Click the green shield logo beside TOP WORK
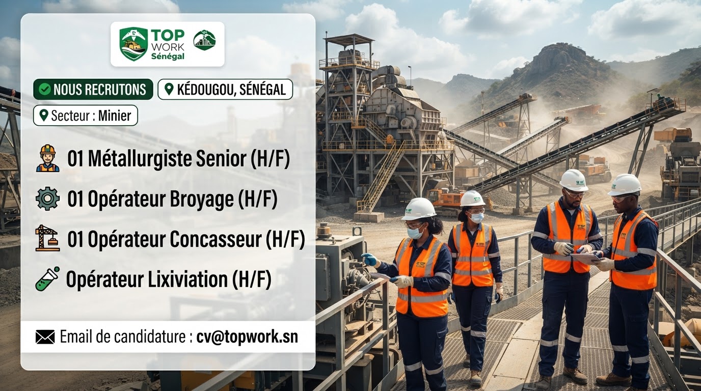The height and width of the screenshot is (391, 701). click(x=133, y=44)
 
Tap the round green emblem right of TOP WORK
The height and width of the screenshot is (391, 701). click(x=204, y=40)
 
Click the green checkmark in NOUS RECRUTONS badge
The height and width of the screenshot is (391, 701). click(x=45, y=90)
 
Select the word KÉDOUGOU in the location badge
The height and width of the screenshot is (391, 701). click(x=205, y=90)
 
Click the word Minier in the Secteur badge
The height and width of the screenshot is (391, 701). click(x=115, y=116)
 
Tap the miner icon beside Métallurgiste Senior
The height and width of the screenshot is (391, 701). click(x=47, y=158)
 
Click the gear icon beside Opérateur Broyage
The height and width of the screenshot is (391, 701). click(x=47, y=199)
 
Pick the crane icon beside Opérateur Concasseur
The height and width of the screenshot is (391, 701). click(x=47, y=238)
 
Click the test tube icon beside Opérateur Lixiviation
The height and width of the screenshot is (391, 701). click(x=47, y=278)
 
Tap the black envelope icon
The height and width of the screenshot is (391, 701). click(x=45, y=337)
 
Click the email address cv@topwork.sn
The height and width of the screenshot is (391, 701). click(x=247, y=337)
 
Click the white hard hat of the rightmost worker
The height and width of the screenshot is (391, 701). click(x=625, y=184)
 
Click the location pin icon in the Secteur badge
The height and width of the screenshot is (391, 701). click(x=44, y=116)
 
